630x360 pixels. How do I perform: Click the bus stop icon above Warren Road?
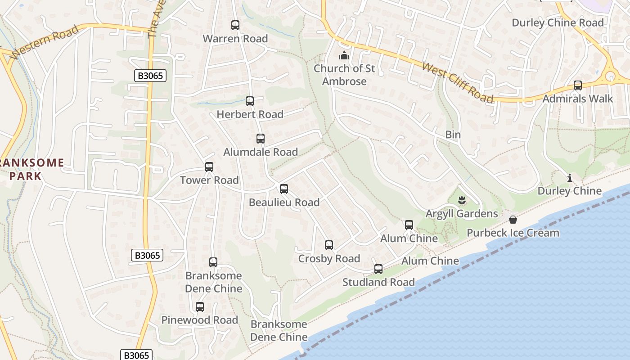coord(235,25)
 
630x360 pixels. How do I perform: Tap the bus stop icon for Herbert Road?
coord(250,101)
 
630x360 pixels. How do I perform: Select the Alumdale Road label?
coord(261,152)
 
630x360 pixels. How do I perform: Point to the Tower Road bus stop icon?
coord(209,167)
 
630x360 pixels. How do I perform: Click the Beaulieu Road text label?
coord(284,202)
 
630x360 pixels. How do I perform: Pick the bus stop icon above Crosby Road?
coord(329,245)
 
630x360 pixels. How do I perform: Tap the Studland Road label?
coord(378,283)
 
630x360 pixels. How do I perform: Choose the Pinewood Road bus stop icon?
coord(200,307)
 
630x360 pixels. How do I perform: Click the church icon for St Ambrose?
coord(344,56)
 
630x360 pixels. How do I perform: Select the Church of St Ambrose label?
coord(344,75)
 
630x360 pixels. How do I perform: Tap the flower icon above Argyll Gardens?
coord(462,199)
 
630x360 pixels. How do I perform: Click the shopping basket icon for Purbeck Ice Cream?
coord(513,220)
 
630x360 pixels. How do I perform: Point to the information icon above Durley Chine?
coord(570,178)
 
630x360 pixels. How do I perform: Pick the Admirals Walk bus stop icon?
coord(578,85)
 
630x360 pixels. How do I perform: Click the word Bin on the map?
coord(453,135)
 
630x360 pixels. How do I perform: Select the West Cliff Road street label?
coord(457,82)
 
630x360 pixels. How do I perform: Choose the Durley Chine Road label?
coord(558,22)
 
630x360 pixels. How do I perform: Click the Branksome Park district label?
coord(31,169)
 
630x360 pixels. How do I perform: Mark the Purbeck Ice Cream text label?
coord(513,233)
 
